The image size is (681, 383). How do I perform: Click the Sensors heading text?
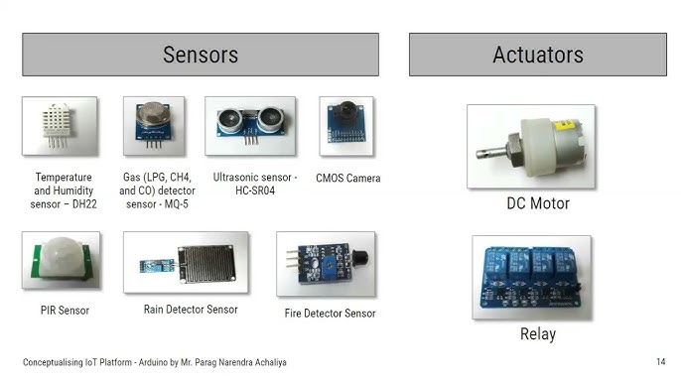(201, 55)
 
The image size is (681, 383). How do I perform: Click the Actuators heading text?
(538, 55)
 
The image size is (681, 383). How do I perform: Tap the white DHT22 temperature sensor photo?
(60, 126)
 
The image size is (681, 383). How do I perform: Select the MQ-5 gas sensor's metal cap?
(153, 113)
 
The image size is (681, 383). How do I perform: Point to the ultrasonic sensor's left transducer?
(229, 119)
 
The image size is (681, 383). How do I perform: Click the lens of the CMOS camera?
(347, 110)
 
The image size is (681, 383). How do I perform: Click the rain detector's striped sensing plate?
(206, 263)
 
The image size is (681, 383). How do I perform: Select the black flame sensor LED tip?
(360, 259)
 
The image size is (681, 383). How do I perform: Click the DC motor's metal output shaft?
(491, 153)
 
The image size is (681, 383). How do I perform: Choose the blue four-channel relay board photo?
(532, 278)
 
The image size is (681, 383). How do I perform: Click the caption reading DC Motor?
(538, 203)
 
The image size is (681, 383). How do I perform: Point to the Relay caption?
(538, 334)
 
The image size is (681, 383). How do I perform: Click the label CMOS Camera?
(347, 178)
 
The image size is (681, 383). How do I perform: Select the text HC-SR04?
(255, 191)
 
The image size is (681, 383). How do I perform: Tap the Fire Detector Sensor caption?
(330, 314)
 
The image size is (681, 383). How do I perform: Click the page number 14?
(660, 362)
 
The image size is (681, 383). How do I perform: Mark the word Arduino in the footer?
(153, 362)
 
